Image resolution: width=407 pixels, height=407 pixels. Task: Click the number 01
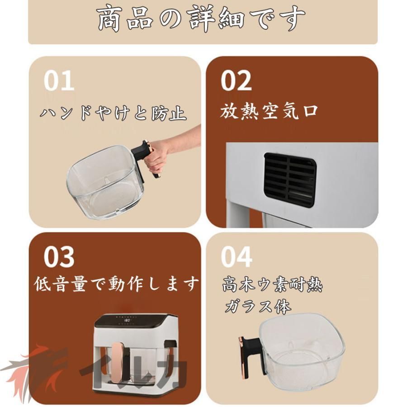(59, 81)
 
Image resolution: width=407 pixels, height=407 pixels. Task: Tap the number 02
(236, 81)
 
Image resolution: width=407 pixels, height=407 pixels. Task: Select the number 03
(59, 257)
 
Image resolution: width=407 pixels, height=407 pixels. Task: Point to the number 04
(236, 257)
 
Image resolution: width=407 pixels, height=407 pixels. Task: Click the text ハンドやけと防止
(113, 112)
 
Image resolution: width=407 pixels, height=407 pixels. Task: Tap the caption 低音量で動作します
(117, 284)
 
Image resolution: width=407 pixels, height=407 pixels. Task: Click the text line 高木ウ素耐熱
(272, 285)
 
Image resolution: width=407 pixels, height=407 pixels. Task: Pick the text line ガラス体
(258, 307)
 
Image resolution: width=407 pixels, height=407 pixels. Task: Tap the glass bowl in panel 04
(301, 346)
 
